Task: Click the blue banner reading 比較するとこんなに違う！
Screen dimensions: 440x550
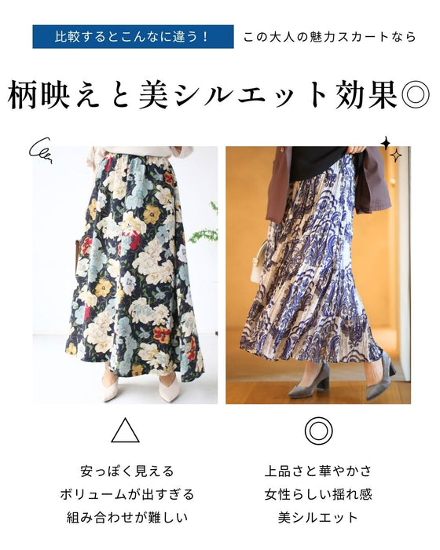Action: [x=133, y=36]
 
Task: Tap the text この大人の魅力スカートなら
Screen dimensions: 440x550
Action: [x=329, y=37]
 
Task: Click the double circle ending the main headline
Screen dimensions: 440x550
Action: [x=416, y=95]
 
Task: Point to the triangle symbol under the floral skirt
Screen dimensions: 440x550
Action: [x=125, y=431]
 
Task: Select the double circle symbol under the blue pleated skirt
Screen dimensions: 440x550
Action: [x=318, y=431]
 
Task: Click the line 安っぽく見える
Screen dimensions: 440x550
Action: [x=127, y=471]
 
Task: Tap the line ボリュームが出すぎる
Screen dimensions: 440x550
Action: [x=127, y=494]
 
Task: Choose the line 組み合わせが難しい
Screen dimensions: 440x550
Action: [x=127, y=517]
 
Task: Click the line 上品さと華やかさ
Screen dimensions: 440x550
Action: [x=318, y=471]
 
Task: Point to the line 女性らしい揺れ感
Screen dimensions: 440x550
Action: [x=318, y=494]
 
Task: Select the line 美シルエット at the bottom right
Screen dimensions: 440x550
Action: [x=318, y=517]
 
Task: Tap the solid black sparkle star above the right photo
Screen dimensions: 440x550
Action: [x=386, y=143]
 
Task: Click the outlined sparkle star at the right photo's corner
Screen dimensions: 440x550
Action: [x=396, y=156]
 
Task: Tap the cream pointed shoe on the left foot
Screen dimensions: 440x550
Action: [x=111, y=387]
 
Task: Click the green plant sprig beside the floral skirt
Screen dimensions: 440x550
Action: [x=205, y=225]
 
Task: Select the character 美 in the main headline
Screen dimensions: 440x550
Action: [x=154, y=95]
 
